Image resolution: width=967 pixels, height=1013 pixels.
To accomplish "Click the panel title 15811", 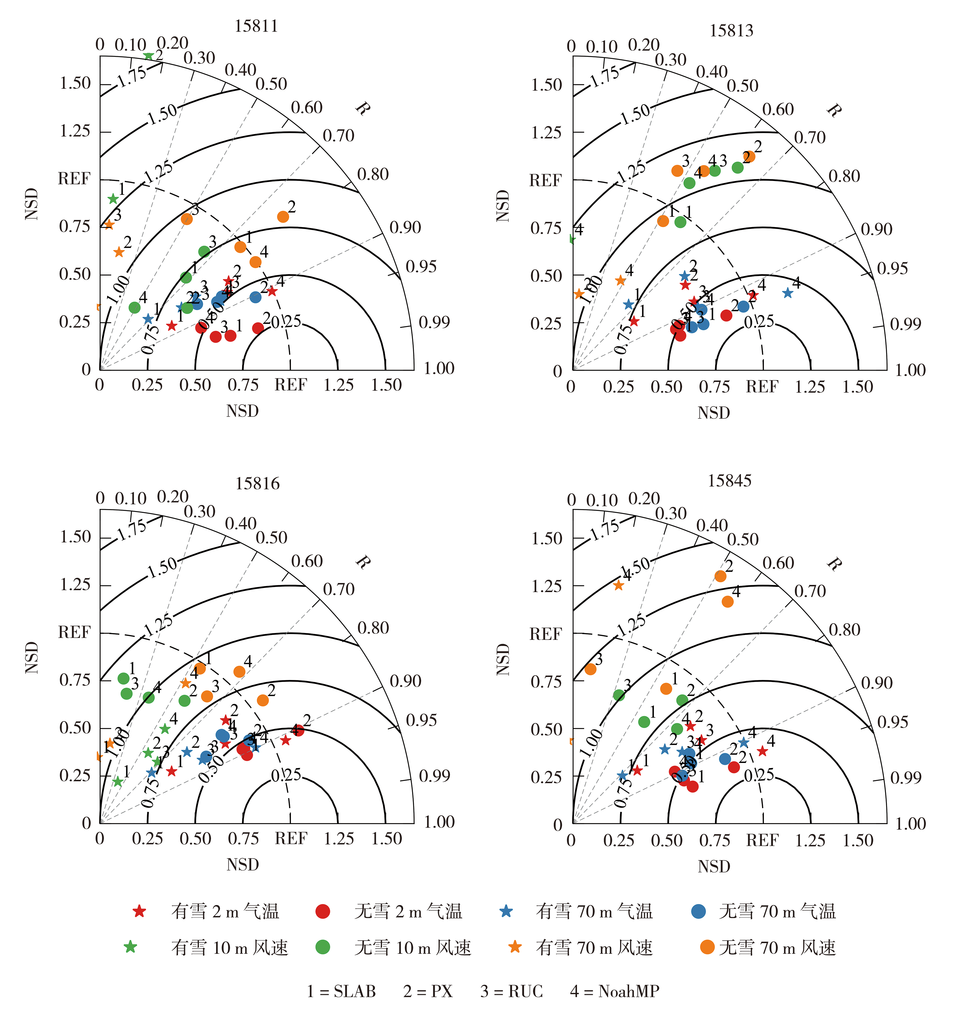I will [x=256, y=26].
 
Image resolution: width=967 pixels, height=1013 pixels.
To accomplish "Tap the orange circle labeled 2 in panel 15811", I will [x=282, y=216].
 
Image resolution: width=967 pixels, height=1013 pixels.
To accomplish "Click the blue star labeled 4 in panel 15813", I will [x=787, y=293].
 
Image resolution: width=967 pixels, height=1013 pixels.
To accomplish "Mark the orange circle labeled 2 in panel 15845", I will [x=720, y=576].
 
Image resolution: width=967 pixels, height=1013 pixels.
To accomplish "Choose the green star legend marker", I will [x=130, y=947].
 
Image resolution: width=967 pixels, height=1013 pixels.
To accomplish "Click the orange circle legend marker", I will [x=707, y=947].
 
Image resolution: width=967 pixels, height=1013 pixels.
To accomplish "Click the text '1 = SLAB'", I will [x=341, y=991].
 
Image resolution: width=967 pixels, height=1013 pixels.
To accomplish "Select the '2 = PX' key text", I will [x=428, y=991].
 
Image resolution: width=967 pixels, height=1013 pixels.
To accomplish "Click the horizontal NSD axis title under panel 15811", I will [x=242, y=411].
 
